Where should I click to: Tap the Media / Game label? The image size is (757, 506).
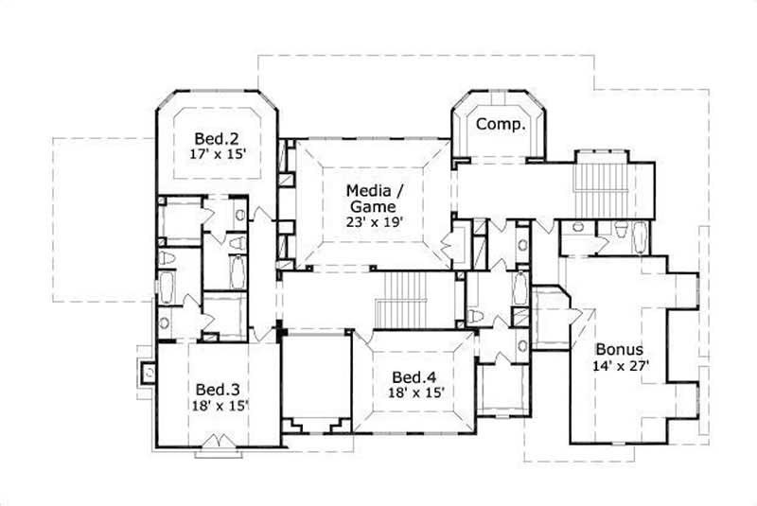coord(375,187)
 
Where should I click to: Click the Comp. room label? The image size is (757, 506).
coord(500,124)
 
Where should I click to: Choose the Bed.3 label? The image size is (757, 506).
coord(219,389)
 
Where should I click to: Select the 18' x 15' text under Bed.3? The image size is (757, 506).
coord(219,406)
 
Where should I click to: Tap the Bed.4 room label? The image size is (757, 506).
coord(417,375)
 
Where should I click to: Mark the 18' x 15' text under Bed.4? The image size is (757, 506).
coord(417,391)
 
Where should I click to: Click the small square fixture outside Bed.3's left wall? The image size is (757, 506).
coord(146,372)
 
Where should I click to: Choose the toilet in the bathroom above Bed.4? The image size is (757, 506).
coord(476,315)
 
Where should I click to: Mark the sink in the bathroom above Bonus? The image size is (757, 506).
coord(578,227)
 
